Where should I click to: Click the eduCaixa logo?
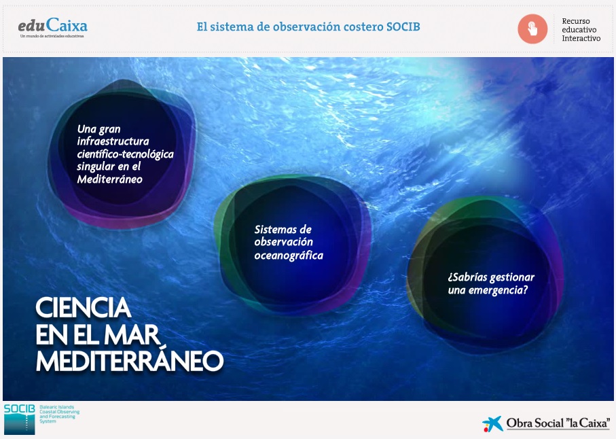(x=53, y=26)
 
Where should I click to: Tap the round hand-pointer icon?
(x=532, y=29)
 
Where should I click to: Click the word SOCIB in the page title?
(x=403, y=27)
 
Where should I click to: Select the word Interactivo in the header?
(x=581, y=38)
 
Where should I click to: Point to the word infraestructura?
(x=113, y=141)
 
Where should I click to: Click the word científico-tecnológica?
(x=126, y=154)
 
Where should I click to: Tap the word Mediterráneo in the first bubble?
(x=109, y=179)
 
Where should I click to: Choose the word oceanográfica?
(x=289, y=256)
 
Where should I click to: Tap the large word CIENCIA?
(x=84, y=308)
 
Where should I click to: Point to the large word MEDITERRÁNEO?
(x=130, y=361)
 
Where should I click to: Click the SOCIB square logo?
(x=19, y=419)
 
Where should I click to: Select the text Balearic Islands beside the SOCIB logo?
(x=56, y=407)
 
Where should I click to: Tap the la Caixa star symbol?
(x=492, y=423)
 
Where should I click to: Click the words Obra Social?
(x=535, y=423)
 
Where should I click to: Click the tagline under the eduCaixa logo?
(x=52, y=36)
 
